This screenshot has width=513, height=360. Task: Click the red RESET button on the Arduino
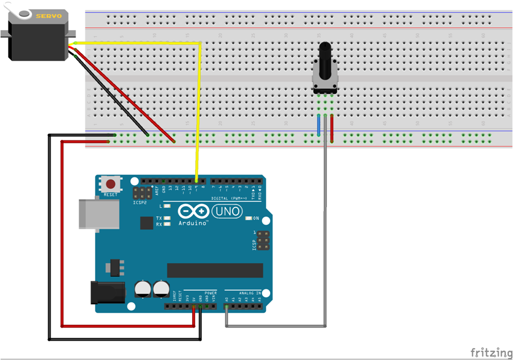[110, 184]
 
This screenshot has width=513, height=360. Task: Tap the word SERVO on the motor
[48, 16]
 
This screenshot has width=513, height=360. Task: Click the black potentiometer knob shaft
[325, 60]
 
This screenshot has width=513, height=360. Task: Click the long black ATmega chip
[215, 271]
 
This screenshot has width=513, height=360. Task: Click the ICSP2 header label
[139, 202]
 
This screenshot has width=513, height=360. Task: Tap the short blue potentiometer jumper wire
[318, 125]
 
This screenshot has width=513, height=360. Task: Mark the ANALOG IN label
[250, 293]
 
